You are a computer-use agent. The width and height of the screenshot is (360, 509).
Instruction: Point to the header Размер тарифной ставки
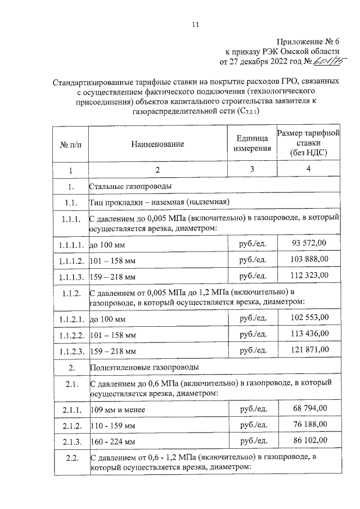(309, 143)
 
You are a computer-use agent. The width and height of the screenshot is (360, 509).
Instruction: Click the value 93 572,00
(310, 242)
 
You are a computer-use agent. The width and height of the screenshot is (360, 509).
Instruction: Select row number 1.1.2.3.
(70, 352)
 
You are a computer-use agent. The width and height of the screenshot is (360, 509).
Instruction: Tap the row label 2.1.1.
(71, 409)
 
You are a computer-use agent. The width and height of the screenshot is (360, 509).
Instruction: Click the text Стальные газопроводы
(130, 186)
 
